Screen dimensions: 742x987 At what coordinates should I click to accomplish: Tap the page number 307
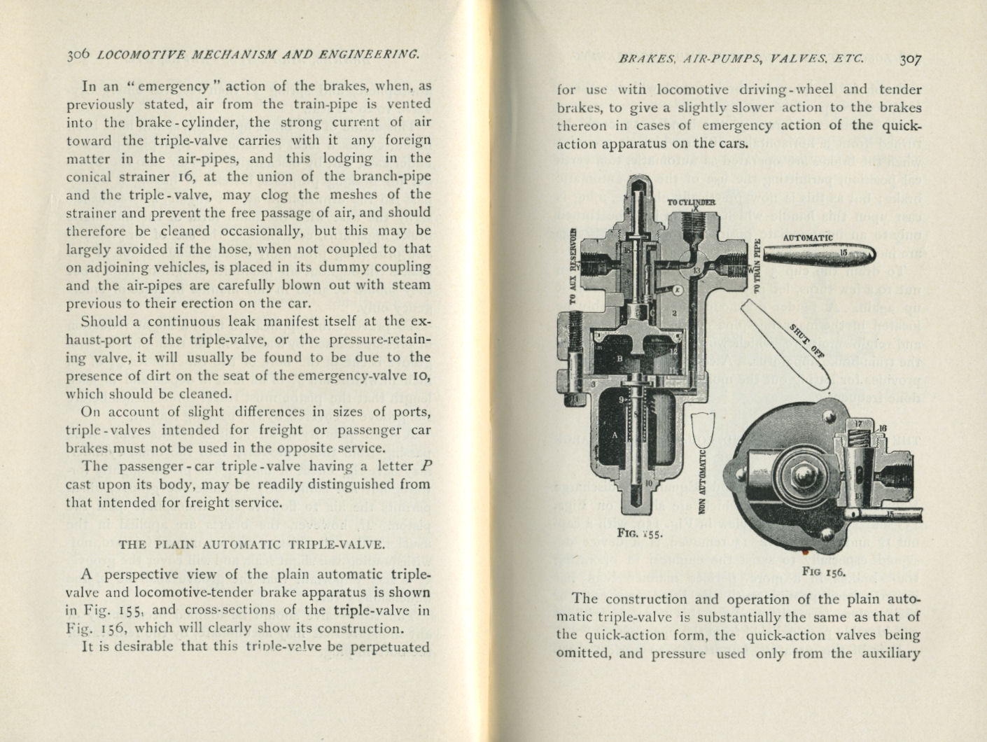911,59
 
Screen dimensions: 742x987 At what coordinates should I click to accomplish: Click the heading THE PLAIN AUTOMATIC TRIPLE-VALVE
251,545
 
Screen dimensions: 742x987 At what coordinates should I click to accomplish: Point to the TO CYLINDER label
691,202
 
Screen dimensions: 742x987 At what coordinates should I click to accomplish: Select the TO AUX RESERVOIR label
573,266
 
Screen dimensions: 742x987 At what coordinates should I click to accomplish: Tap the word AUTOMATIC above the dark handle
808,237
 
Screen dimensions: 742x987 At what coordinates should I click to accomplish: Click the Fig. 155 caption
639,532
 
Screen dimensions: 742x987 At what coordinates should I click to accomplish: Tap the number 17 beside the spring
860,424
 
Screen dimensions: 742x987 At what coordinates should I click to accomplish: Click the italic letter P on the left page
425,466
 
